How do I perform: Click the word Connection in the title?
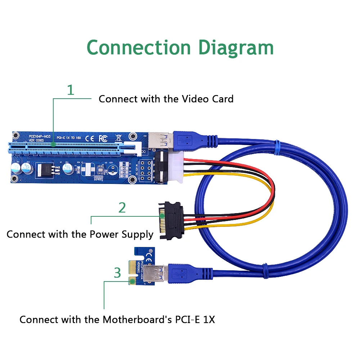[139, 47]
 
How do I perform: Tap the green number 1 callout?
[71, 90]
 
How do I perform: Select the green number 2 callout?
[122, 208]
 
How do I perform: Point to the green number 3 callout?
[117, 273]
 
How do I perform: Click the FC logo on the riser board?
[103, 138]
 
